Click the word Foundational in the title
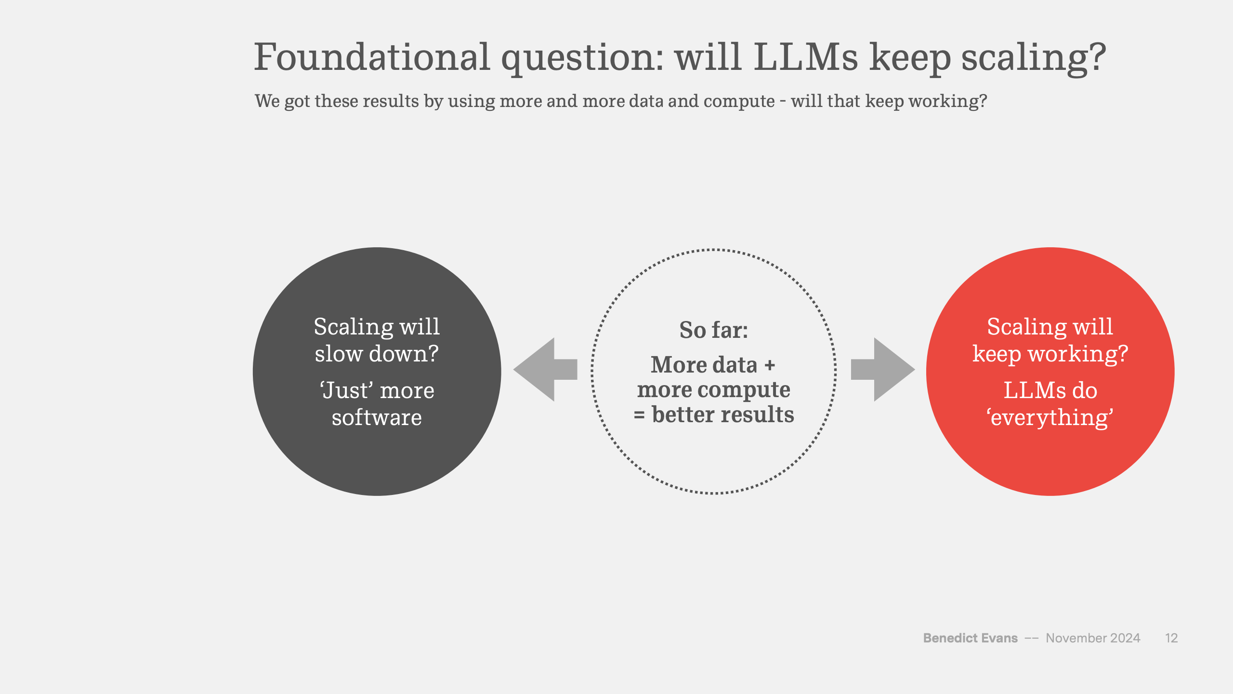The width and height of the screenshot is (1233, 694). pyautogui.click(x=372, y=57)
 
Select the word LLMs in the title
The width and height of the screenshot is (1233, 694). pyautogui.click(x=806, y=57)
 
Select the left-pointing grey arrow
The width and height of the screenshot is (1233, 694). pyautogui.click(x=545, y=370)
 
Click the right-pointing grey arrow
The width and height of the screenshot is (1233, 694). pyautogui.click(x=883, y=370)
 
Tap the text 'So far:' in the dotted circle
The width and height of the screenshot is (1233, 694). pyautogui.click(x=713, y=330)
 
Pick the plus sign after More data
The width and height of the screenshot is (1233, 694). pyautogui.click(x=770, y=365)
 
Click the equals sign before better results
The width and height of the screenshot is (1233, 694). pyautogui.click(x=639, y=415)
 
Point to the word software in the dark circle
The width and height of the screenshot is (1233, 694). pyautogui.click(x=377, y=417)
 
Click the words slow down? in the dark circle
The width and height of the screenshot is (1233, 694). pyautogui.click(x=377, y=354)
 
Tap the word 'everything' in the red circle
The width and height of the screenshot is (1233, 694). pyautogui.click(x=1050, y=418)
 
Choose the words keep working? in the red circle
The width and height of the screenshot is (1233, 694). pyautogui.click(x=1050, y=355)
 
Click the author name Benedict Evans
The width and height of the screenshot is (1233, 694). pyautogui.click(x=970, y=638)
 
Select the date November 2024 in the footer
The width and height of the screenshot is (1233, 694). pyautogui.click(x=1093, y=638)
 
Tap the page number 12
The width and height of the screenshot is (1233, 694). pyautogui.click(x=1171, y=638)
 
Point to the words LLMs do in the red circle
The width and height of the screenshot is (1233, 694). pyautogui.click(x=1050, y=390)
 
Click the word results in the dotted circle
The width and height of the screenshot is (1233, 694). pyautogui.click(x=757, y=414)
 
